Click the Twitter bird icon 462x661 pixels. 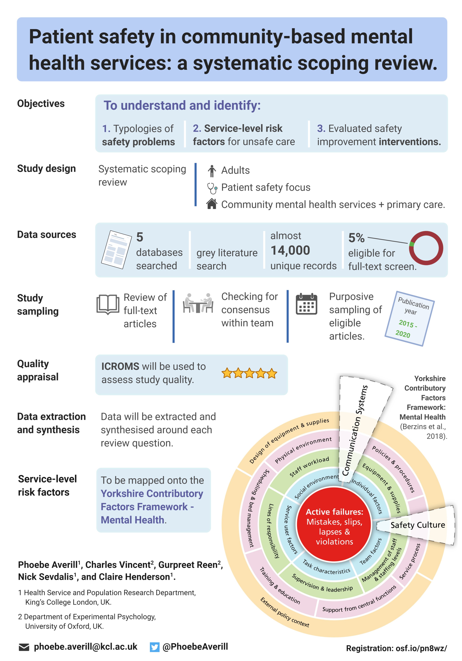pyautogui.click(x=154, y=647)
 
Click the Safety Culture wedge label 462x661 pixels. pyautogui.click(x=417, y=525)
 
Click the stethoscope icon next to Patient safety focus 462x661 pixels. pyautogui.click(x=212, y=188)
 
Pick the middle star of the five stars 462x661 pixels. pyautogui.click(x=249, y=373)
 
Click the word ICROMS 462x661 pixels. pyautogui.click(x=120, y=366)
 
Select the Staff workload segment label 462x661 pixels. pyautogui.click(x=309, y=466)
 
